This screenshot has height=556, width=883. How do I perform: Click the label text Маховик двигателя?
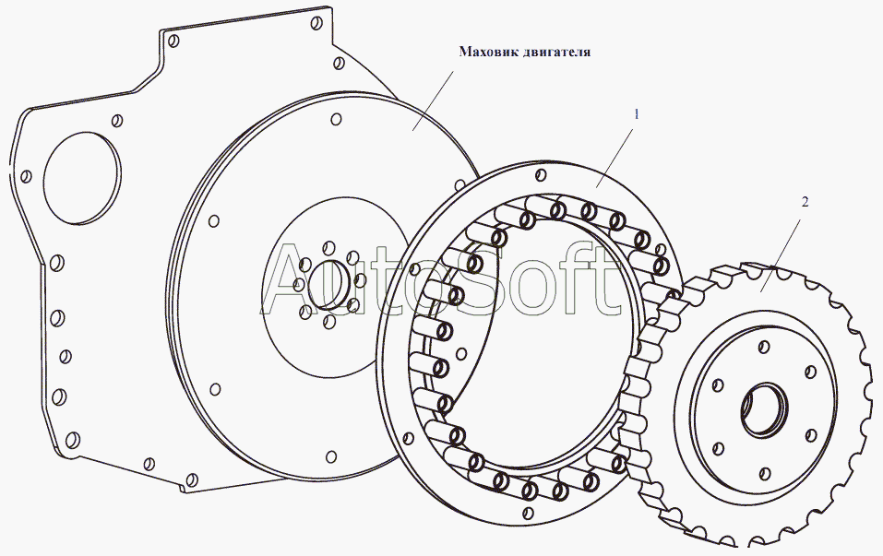pos(525,52)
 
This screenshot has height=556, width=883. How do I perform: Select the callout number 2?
pos(805,203)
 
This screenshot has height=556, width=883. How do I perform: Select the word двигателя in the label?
pos(558,52)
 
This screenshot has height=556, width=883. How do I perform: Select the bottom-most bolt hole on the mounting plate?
pos(192,479)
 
